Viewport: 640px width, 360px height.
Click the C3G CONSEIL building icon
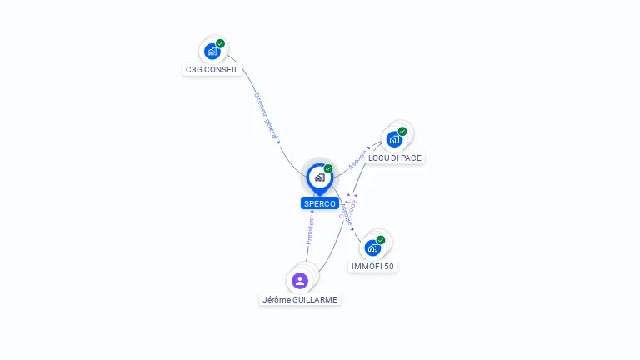212,52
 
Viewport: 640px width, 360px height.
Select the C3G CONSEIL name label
212,70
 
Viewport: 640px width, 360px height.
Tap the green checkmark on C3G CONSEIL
221,43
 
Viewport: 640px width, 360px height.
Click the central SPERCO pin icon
319,177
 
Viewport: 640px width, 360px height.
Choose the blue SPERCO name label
320,203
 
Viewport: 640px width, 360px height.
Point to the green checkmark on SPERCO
328,168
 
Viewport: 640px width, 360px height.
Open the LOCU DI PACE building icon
394,139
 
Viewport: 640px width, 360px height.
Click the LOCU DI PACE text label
395,157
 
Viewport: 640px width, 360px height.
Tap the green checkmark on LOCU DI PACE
402,131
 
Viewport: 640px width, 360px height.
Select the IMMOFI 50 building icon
372,247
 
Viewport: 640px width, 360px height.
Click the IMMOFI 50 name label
372,267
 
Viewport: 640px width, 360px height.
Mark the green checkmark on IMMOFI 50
381,240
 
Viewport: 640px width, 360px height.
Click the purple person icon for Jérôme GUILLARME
300,280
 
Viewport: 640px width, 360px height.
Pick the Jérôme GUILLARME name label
300,299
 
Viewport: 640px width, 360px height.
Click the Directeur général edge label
266,114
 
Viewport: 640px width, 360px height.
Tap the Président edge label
310,230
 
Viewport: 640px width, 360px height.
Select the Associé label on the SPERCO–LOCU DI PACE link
357,160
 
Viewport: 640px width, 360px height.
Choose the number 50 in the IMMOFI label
388,267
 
